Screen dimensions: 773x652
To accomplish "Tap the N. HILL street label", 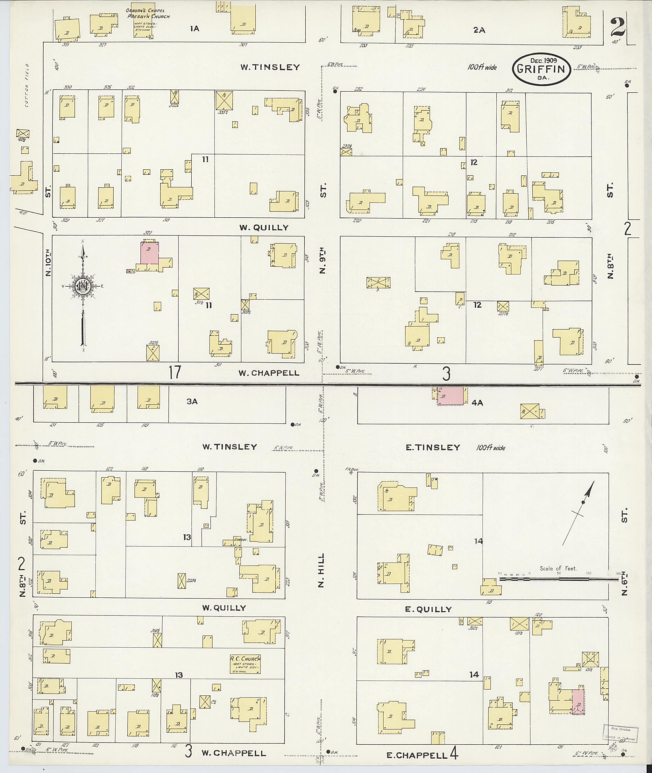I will coord(321,575).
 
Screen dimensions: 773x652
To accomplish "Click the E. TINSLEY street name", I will coord(433,447).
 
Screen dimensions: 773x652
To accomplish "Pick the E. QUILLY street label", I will coord(429,609).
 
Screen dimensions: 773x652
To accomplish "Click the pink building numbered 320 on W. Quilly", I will coord(150,253).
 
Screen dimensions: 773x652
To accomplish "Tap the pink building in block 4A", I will coord(450,396).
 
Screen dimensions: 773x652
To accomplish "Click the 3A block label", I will coord(192,401).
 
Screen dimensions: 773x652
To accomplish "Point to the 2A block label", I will coord(479,30).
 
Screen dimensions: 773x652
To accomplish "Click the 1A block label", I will coord(195,28).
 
